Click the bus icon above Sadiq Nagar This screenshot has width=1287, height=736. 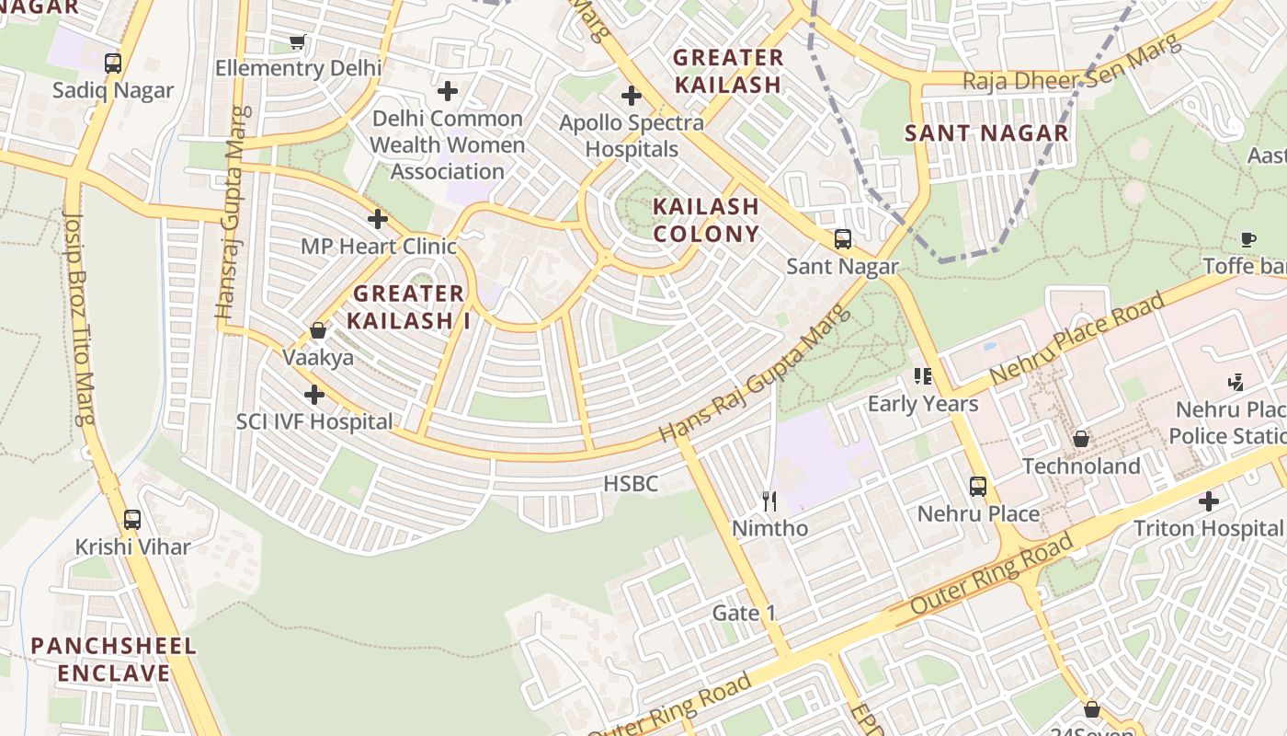point(113,63)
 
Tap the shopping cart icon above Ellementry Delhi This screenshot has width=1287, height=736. point(297,41)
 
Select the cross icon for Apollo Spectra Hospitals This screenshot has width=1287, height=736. point(631,95)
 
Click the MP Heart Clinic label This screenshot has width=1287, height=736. point(378,247)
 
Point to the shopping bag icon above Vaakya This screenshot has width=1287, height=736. point(318,330)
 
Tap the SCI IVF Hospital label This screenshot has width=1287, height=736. point(314,422)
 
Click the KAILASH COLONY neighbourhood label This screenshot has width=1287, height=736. point(706,220)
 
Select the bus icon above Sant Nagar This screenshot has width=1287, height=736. point(842,239)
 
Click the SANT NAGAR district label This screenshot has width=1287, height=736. point(986,133)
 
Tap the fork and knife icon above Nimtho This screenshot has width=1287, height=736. point(770,501)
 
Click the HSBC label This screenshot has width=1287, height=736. point(631,484)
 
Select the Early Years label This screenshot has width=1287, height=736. point(923,404)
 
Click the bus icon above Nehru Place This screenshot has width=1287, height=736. point(978,486)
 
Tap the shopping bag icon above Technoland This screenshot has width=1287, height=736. point(1081,439)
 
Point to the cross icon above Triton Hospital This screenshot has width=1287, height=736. point(1208,501)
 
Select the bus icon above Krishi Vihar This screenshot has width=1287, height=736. point(132,520)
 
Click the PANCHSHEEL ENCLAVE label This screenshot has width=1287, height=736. point(114,660)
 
